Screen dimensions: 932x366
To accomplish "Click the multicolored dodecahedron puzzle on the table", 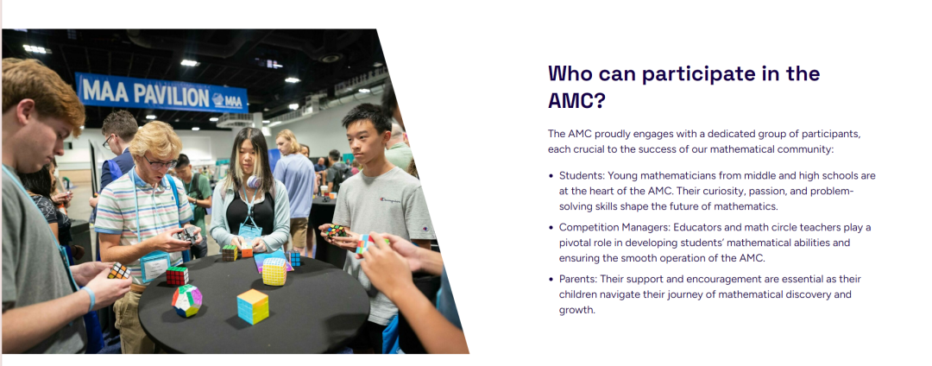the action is [186, 300].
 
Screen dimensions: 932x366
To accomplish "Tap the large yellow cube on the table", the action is [274, 272].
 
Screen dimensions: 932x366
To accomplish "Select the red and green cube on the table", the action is [177, 275].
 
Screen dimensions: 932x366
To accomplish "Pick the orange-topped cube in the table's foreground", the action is [253, 306].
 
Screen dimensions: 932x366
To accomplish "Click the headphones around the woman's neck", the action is [255, 182].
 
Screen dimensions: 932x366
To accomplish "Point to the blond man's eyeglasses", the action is [160, 162].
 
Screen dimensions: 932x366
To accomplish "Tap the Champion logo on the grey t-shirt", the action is [390, 199].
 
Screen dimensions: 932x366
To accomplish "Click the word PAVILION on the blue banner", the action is [171, 93].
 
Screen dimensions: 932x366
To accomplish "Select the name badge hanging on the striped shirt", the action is [154, 266].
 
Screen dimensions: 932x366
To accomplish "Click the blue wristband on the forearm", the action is [89, 298].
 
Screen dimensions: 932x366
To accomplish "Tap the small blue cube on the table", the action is [293, 258].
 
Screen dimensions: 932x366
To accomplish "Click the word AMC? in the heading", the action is [576, 101].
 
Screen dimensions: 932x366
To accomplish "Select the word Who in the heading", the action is [570, 73].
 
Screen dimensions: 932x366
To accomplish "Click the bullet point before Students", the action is [551, 176].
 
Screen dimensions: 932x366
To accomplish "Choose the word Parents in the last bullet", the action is [577, 279].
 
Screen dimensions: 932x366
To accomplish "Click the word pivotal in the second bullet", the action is [576, 243].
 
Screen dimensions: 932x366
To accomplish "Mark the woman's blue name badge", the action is [250, 231].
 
